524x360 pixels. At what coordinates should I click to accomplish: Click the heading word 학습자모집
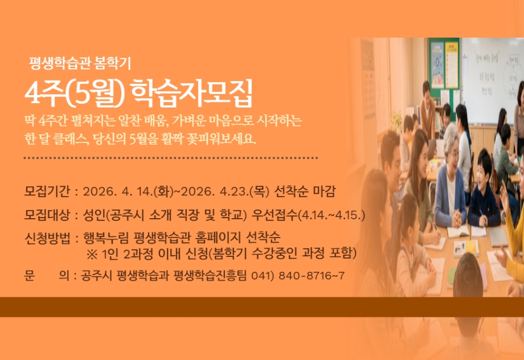[x=190, y=93]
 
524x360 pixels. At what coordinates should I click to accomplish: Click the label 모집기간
[x=47, y=190]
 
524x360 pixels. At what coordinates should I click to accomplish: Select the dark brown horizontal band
[x=262, y=306]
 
